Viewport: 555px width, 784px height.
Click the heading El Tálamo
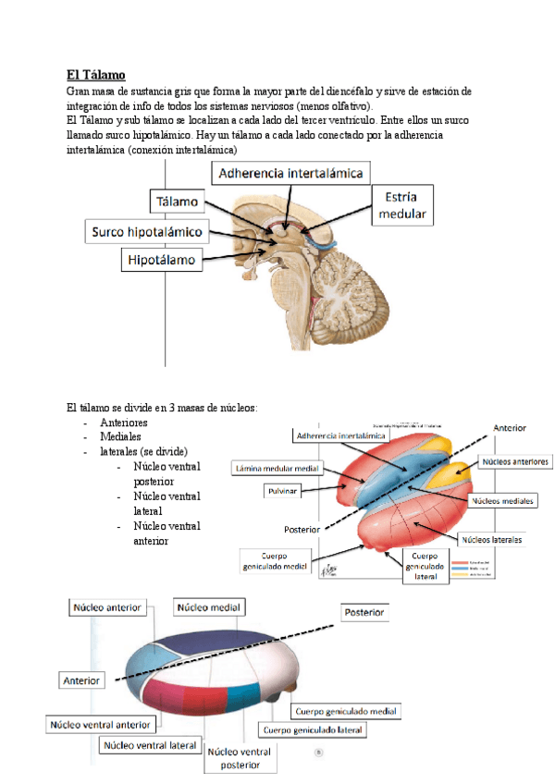[96, 74]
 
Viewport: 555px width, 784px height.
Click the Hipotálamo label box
[163, 261]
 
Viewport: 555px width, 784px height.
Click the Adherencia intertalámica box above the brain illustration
[292, 173]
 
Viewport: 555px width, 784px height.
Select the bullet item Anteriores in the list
[123, 423]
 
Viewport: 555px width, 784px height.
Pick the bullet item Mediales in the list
[120, 436]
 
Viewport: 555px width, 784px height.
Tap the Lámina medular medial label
[277, 468]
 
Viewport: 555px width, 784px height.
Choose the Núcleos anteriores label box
[514, 460]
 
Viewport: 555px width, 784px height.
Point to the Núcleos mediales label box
[502, 500]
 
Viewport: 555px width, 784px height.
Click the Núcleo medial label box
[209, 607]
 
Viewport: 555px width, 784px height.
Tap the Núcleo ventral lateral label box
[150, 744]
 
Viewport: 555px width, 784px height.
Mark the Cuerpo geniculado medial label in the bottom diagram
[346, 712]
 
